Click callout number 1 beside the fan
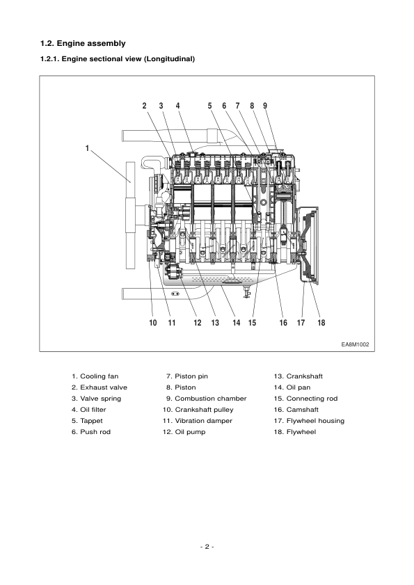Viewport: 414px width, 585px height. pyautogui.click(x=87, y=147)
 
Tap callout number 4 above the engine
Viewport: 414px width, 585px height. pyautogui.click(x=177, y=106)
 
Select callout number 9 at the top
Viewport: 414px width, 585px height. pyautogui.click(x=265, y=106)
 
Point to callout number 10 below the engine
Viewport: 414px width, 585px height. pyautogui.click(x=153, y=322)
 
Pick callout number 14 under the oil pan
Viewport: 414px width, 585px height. pyautogui.click(x=237, y=322)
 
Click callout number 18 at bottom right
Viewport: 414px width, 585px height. pyautogui.click(x=321, y=322)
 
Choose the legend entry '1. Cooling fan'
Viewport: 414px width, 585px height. pyautogui.click(x=95, y=376)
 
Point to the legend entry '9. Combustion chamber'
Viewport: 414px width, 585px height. pyautogui.click(x=206, y=399)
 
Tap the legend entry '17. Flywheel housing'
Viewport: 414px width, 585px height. pyautogui.click(x=310, y=421)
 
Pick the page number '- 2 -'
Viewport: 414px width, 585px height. pyautogui.click(x=207, y=547)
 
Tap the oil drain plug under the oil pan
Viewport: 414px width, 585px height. pyautogui.click(x=245, y=293)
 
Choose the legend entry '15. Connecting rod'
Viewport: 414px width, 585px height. pyautogui.click(x=306, y=399)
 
